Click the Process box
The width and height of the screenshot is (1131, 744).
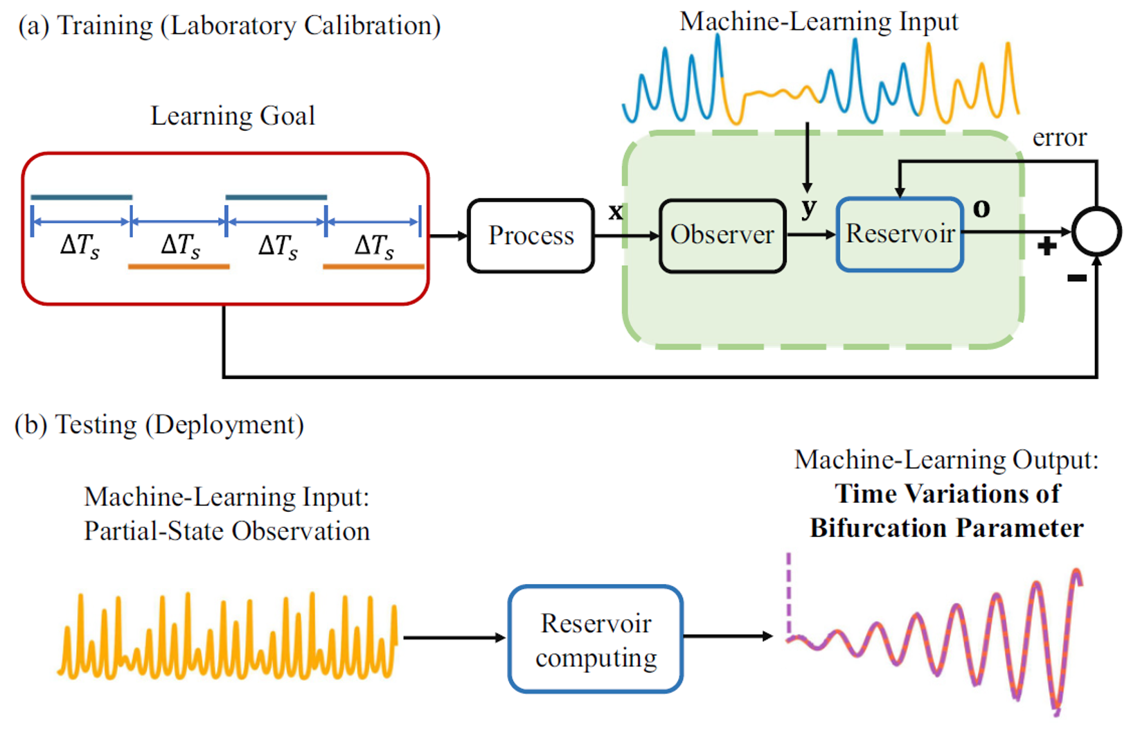point(531,236)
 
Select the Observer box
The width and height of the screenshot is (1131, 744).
point(722,236)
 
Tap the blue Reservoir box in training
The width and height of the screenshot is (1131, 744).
point(900,234)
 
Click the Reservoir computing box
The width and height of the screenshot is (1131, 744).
point(596,639)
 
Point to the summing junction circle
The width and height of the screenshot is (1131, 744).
point(1096,231)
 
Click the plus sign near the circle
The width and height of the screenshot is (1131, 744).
point(1047,246)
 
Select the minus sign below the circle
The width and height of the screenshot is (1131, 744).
point(1076,278)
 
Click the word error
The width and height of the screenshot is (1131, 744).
point(1059,137)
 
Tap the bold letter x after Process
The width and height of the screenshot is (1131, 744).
point(615,211)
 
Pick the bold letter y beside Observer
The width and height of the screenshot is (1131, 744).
point(808,208)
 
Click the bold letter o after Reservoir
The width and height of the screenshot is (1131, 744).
point(981,208)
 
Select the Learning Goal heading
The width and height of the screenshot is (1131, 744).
point(233,116)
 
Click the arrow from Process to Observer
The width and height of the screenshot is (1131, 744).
point(626,236)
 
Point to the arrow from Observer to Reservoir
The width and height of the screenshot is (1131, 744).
point(811,235)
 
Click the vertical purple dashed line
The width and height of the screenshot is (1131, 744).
point(789,592)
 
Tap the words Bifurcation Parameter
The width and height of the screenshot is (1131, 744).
point(946,528)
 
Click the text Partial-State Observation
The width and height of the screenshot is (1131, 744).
point(226,531)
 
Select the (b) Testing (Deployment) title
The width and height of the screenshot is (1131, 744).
point(159,425)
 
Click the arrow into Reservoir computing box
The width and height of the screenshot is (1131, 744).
point(454,637)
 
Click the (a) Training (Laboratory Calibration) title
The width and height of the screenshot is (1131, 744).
point(229,26)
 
